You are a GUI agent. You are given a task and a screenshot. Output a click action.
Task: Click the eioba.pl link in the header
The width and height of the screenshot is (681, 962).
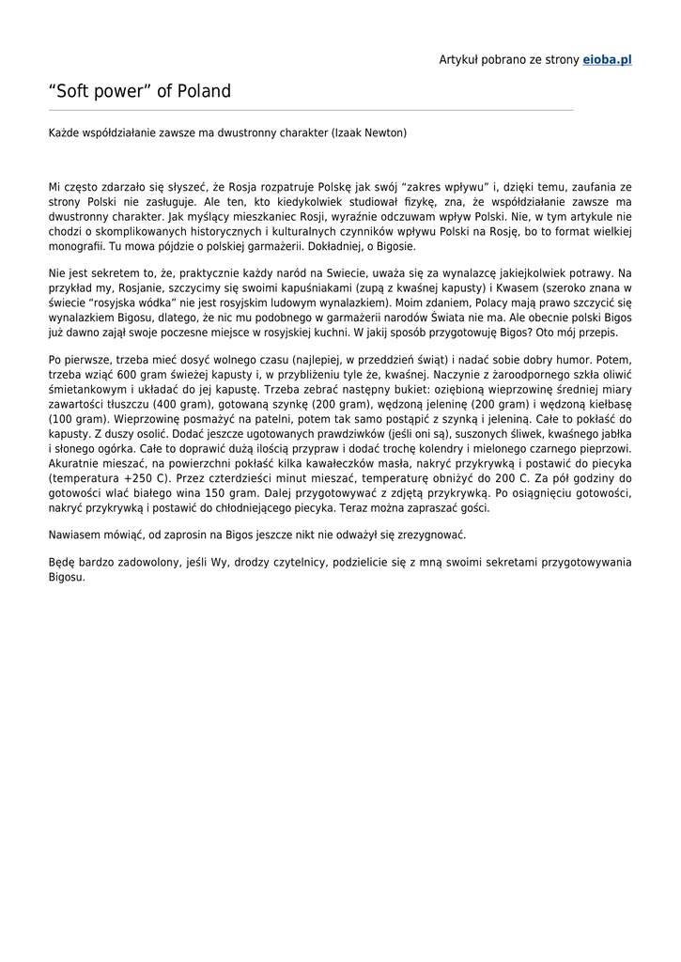point(607,59)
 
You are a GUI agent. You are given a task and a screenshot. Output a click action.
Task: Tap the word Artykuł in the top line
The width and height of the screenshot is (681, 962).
point(460,59)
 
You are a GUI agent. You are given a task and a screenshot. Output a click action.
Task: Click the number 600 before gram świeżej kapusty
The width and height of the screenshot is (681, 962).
point(153,375)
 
